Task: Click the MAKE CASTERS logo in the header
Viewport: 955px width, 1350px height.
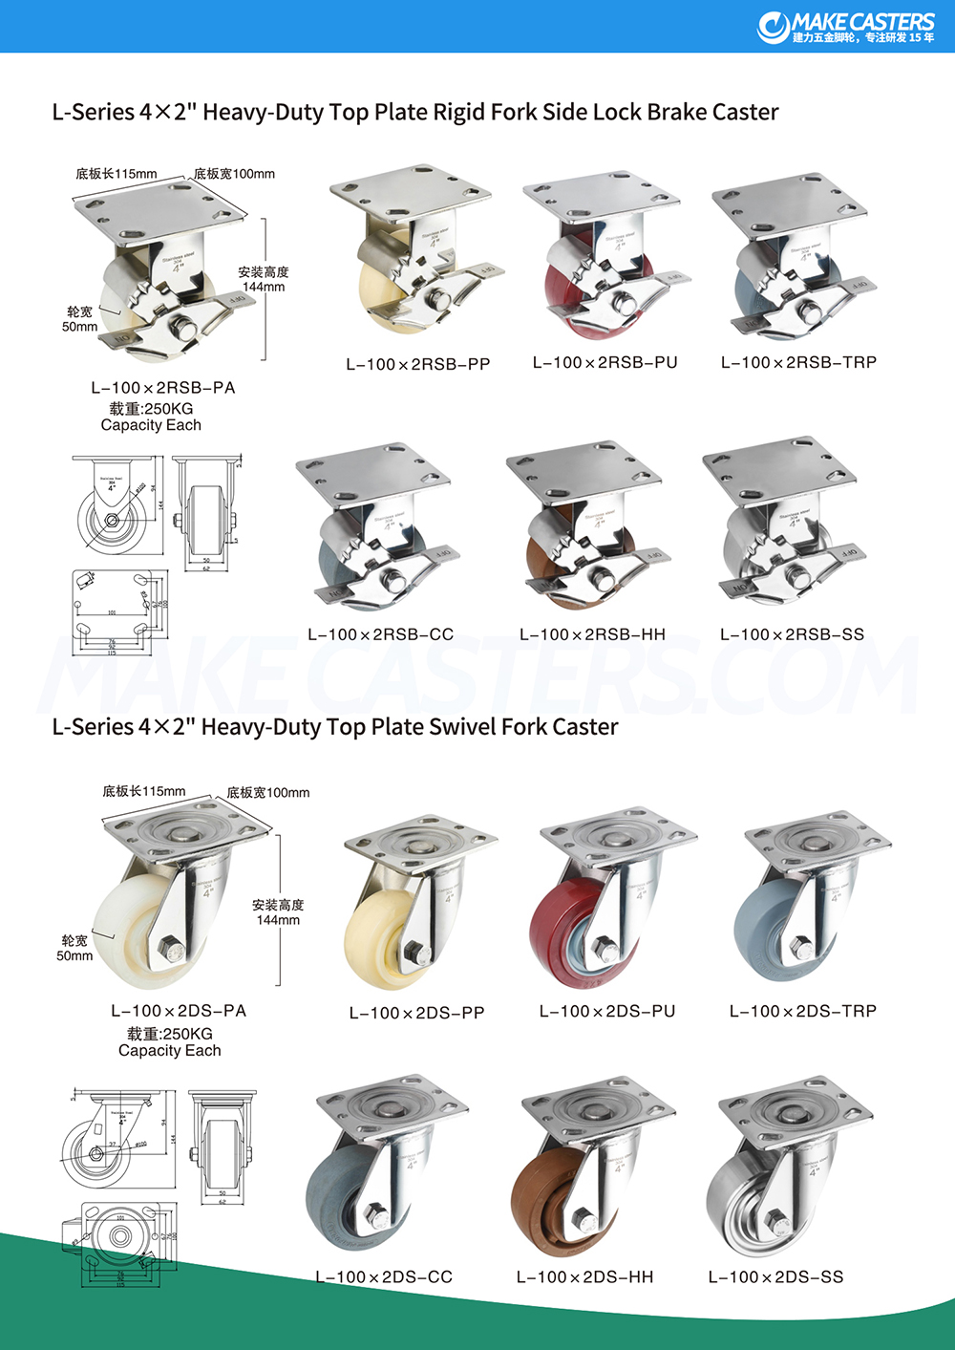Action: click(x=846, y=27)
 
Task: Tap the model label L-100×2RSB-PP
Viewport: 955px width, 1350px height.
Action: click(x=417, y=364)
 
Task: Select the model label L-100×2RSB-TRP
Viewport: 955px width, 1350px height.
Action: click(x=798, y=362)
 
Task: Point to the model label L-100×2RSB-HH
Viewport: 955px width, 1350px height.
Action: click(x=592, y=634)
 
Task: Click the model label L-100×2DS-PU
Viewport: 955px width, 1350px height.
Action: click(x=607, y=1011)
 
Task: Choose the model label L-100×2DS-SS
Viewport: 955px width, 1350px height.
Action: click(x=775, y=1276)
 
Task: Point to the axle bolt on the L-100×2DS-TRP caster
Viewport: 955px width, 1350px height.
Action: click(x=802, y=950)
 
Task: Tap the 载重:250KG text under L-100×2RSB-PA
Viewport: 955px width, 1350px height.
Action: click(x=151, y=408)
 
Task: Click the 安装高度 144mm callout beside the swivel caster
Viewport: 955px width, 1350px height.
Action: click(x=278, y=912)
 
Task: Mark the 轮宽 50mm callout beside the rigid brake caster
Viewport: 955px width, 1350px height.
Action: click(x=80, y=319)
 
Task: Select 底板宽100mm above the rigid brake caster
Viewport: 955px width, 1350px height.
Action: click(x=234, y=174)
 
